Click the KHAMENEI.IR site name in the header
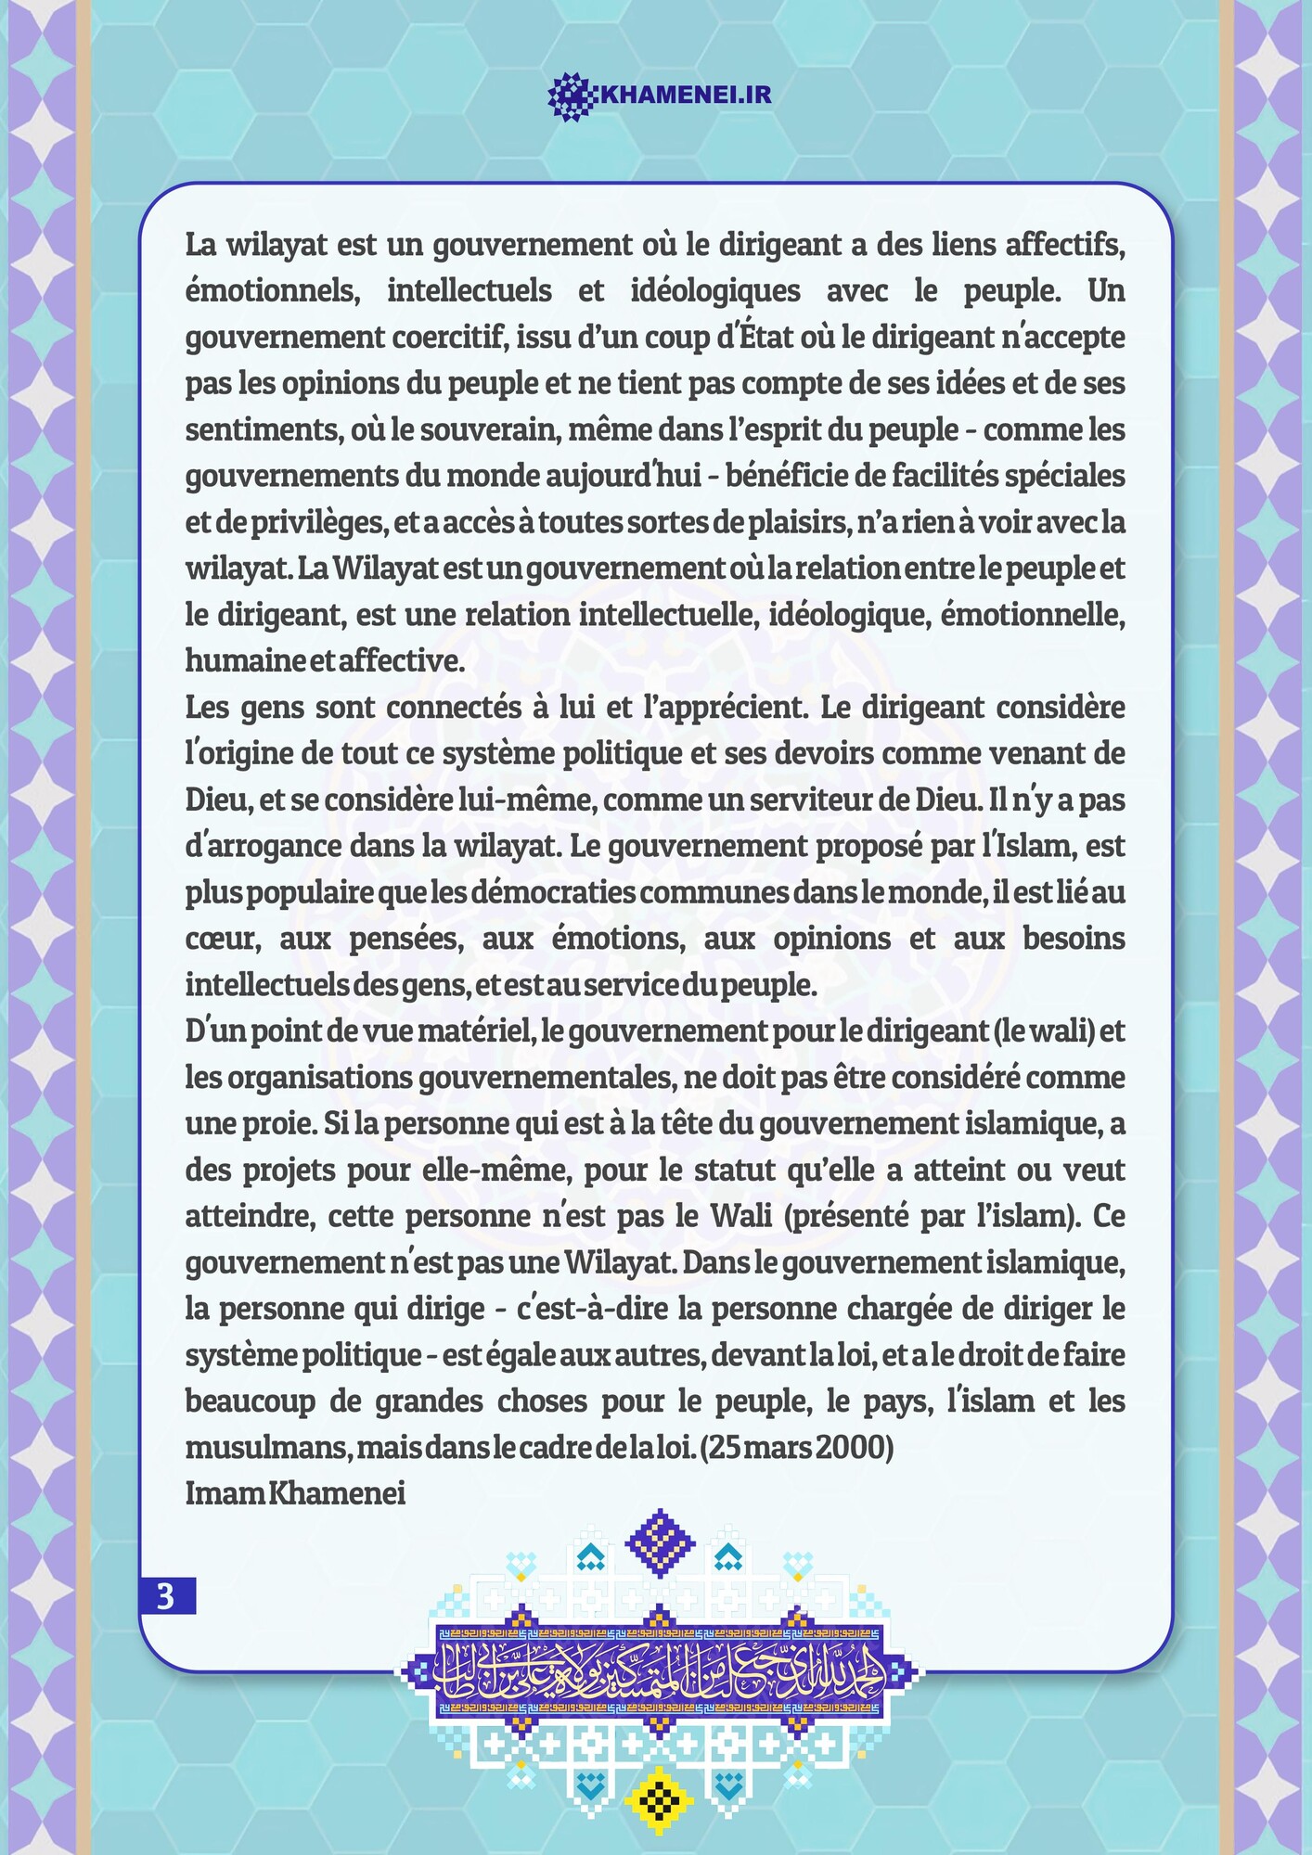(x=687, y=95)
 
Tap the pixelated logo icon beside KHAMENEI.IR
(x=572, y=96)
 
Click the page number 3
(x=167, y=1596)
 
